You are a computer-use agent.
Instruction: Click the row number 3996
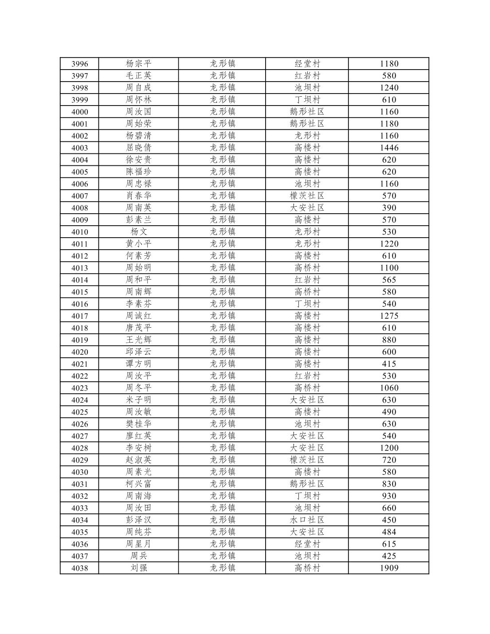point(80,64)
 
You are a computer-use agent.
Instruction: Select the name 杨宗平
point(138,64)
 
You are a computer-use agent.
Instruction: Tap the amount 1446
point(389,148)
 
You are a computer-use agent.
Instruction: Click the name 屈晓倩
point(138,148)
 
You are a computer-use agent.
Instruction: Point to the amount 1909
point(389,568)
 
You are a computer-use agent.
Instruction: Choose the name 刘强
point(138,568)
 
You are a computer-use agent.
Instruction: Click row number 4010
point(80,232)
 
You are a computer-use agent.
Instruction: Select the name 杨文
point(138,232)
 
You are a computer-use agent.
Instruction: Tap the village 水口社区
point(307,520)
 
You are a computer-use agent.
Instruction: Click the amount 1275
point(389,316)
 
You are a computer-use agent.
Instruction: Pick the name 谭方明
point(138,364)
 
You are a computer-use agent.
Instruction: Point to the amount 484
point(389,532)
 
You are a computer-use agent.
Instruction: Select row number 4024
point(80,400)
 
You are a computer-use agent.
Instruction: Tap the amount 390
point(389,208)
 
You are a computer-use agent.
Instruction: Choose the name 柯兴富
point(138,484)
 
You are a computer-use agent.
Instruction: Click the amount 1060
point(389,388)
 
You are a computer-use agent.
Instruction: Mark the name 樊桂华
point(138,424)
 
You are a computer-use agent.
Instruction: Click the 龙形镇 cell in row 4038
point(222,568)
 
